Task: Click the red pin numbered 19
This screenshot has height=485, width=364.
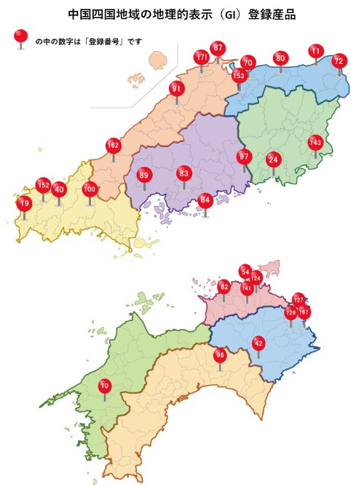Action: point(24,204)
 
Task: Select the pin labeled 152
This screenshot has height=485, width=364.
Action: point(44,185)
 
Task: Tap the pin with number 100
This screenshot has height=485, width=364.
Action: point(90,190)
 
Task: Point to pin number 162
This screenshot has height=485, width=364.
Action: point(113,145)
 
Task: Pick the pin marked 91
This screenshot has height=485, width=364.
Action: point(175,89)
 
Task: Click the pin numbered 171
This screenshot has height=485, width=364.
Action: point(202,58)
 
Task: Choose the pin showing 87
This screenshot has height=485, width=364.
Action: point(218,48)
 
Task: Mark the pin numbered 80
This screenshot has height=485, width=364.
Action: point(280,58)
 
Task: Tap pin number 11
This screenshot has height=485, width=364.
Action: point(315,51)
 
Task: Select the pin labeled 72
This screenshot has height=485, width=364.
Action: point(339,62)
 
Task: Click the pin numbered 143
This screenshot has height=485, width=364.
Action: point(314,142)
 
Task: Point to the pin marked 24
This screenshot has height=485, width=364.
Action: point(273,159)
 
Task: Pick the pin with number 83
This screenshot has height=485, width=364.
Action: point(183,173)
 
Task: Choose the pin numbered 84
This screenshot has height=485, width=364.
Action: point(206,199)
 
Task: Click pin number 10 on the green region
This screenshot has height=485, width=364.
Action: point(105,385)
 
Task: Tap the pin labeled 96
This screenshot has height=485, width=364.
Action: point(220,355)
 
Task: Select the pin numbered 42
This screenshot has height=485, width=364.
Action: point(258,344)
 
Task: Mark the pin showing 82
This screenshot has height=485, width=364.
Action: point(224,287)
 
